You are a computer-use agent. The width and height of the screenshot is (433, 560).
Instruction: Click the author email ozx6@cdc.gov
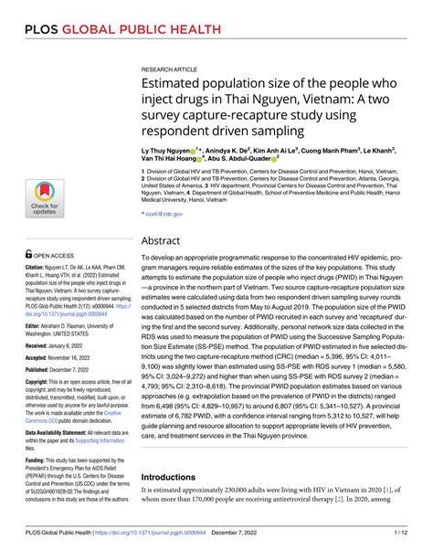(164, 213)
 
